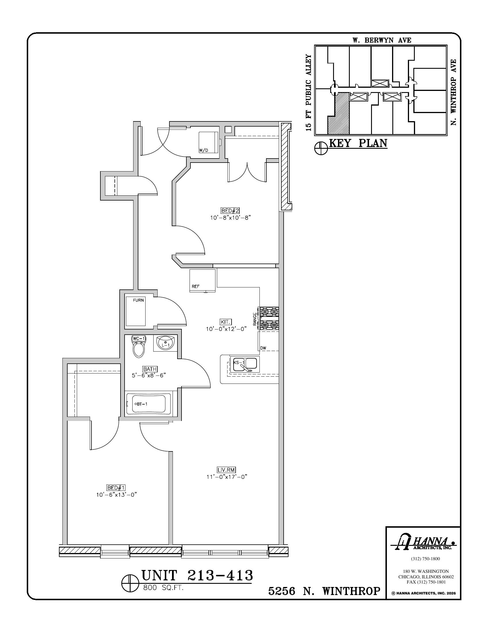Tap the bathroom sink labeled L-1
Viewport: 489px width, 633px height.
[x=165, y=343]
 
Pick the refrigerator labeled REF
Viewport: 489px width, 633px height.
[x=203, y=281]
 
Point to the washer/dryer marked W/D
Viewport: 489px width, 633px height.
[x=208, y=142]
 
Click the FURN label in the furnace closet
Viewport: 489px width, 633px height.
[x=138, y=300]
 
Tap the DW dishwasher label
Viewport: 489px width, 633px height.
[x=263, y=348]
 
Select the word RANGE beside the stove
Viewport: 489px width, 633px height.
[x=255, y=319]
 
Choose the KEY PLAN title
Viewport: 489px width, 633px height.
[x=358, y=143]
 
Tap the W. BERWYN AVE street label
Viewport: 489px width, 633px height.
[x=382, y=40]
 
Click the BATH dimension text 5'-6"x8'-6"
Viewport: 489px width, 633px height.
[x=149, y=375]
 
